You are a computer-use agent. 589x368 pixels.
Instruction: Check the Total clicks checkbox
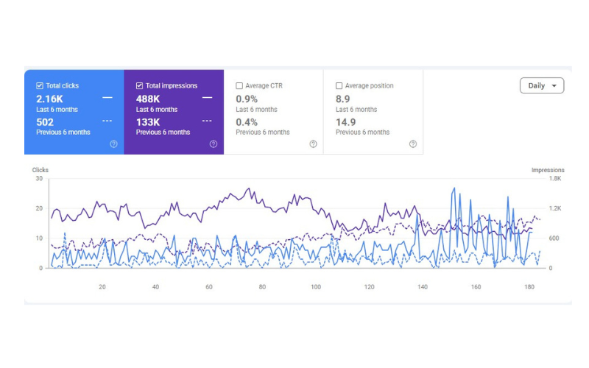tap(40, 85)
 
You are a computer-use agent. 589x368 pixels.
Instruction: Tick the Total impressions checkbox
tap(139, 85)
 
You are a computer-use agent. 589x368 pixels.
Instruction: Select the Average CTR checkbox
tap(239, 85)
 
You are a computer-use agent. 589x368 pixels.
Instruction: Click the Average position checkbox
tap(339, 85)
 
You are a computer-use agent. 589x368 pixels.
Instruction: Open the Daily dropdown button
tap(542, 85)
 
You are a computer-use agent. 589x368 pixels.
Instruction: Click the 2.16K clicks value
tap(49, 99)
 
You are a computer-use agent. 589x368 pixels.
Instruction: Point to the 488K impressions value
tap(148, 99)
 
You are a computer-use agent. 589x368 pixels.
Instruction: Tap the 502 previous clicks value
tap(45, 122)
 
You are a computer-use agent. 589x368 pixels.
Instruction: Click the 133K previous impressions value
tap(148, 122)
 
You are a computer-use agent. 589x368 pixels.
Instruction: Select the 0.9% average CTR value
tap(247, 99)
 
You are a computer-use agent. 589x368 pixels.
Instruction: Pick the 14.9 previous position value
tap(345, 122)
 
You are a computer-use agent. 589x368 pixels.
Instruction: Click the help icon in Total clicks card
tap(113, 144)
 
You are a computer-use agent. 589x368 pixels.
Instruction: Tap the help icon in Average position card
tap(413, 144)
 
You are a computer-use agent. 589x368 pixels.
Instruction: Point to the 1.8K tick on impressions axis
tap(555, 178)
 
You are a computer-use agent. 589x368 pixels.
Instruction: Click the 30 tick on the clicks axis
tap(39, 178)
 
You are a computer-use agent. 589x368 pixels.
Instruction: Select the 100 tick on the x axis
tap(316, 287)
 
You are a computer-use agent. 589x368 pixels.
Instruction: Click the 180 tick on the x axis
tap(529, 287)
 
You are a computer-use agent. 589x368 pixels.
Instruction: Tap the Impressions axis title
tap(548, 170)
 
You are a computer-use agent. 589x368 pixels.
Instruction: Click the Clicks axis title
tap(40, 170)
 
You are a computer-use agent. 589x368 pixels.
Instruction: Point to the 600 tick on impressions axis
tap(554, 238)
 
